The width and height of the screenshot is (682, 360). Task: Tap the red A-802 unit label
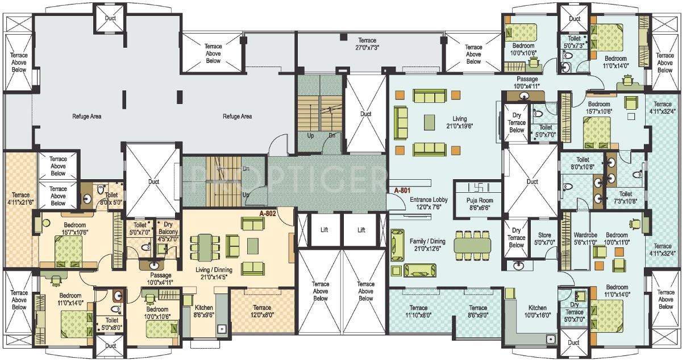268,214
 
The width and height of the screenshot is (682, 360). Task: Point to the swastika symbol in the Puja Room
477,187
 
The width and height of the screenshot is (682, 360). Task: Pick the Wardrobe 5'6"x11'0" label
584,238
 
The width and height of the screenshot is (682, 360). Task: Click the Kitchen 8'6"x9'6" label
203,310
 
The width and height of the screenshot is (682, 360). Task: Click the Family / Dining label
427,245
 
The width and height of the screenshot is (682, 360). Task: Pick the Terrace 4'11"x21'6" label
20,198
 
